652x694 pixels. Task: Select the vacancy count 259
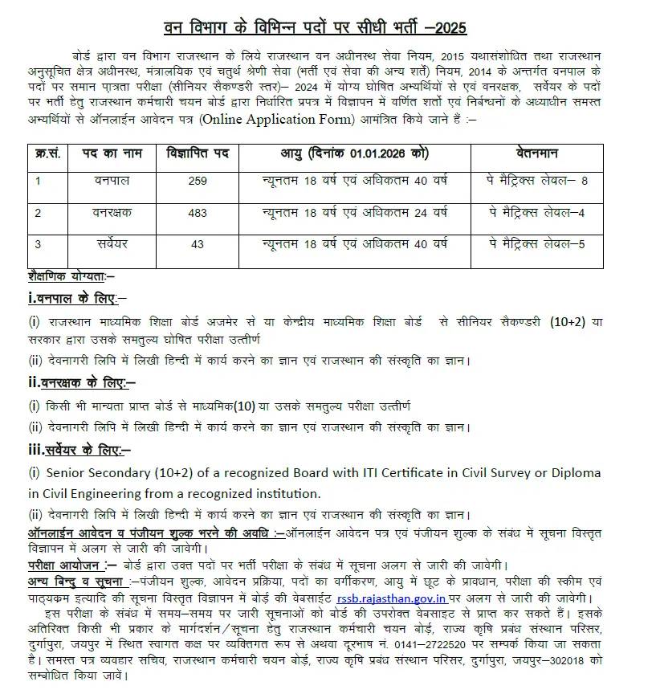click(197, 182)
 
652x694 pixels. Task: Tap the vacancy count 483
click(197, 213)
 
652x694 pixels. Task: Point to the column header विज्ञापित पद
click(198, 153)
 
